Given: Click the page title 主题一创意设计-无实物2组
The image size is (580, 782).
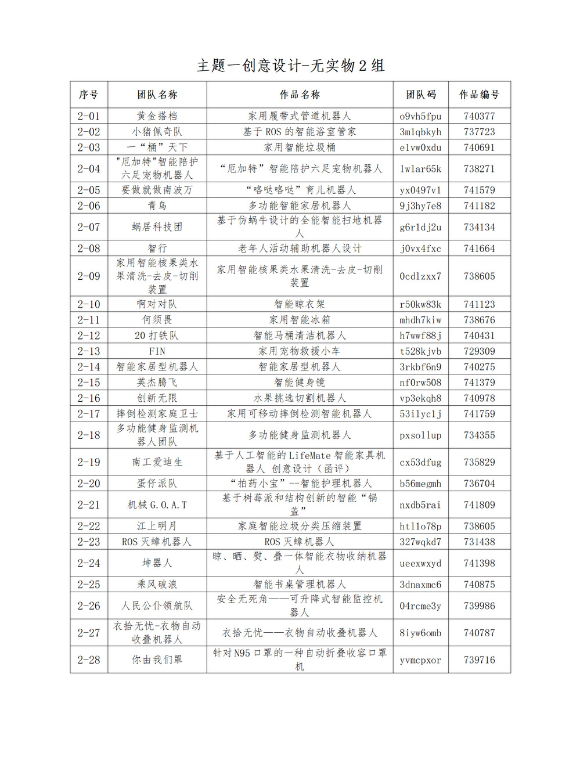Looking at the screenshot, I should [x=290, y=66].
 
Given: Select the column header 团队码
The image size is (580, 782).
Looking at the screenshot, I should [x=420, y=95].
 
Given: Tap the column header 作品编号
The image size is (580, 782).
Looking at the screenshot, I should [x=479, y=95].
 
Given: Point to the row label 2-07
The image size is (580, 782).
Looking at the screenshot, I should [x=89, y=227].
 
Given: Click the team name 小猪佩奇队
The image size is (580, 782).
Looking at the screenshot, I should [x=157, y=132].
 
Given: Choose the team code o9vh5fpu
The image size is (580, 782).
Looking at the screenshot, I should [x=420, y=116].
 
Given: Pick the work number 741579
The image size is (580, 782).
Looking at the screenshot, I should [x=479, y=190].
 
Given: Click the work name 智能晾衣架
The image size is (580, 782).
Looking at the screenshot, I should [x=300, y=304].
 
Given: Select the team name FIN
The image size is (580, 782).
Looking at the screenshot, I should [x=157, y=351].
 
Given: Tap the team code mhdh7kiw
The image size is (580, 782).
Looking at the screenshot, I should [x=420, y=320].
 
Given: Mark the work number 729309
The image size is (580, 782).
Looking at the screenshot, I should [x=479, y=351].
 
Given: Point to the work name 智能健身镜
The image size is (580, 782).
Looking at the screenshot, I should [x=300, y=383].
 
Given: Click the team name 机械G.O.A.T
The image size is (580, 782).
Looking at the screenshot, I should [x=157, y=505].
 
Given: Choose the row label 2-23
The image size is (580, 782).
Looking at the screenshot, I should [x=89, y=542].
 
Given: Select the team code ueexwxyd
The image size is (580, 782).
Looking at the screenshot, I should [x=420, y=563].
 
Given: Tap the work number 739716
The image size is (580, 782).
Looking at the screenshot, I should [x=479, y=660].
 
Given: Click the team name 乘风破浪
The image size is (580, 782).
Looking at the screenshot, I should [x=157, y=585].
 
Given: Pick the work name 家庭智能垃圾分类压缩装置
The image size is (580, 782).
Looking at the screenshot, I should [x=300, y=526].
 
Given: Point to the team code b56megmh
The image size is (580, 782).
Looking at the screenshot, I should [x=420, y=484].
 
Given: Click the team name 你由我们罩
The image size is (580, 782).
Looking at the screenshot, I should [x=157, y=660].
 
